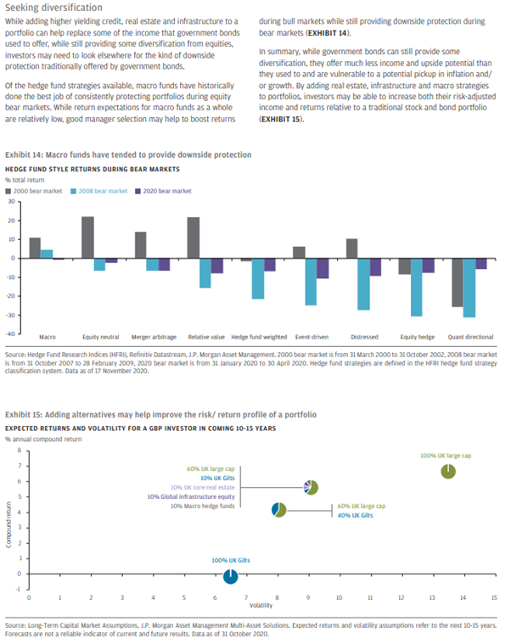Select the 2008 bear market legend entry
click(99, 192)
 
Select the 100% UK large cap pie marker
click(450, 471)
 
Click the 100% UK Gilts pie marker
click(230, 577)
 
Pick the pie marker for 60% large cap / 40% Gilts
click(278, 510)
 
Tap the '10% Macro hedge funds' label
click(204, 506)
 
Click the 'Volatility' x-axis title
click(261, 606)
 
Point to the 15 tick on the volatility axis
click(492, 597)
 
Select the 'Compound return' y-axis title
click(8, 526)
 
